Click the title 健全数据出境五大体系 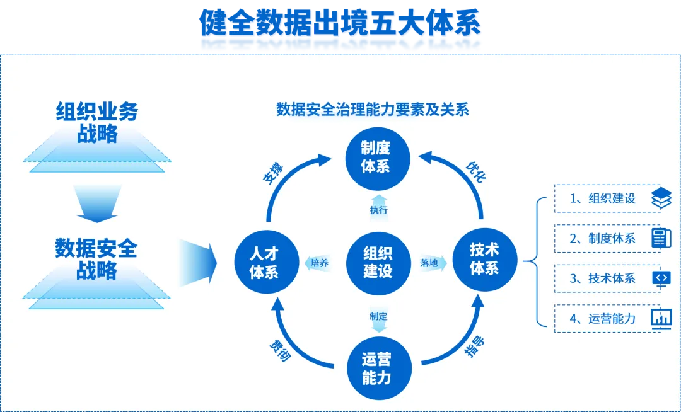click(x=340, y=24)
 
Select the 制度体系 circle click(x=376, y=156)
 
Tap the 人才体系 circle click(x=264, y=262)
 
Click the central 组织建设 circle click(x=377, y=262)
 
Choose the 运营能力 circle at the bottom click(x=377, y=369)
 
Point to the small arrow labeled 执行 click(x=379, y=209)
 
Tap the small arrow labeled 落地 click(x=432, y=262)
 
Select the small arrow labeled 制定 click(x=378, y=318)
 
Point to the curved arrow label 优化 click(x=476, y=172)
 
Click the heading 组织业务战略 click(x=96, y=122)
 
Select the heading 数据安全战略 click(x=96, y=259)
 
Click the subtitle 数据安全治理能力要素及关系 click(x=373, y=109)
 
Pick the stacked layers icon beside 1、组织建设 click(x=661, y=198)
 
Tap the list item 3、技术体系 click(x=602, y=278)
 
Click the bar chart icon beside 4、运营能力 click(x=661, y=318)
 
